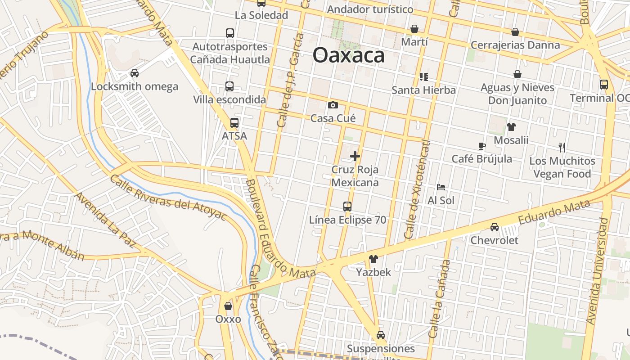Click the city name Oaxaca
(x=349, y=55)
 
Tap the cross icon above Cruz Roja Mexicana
(x=355, y=156)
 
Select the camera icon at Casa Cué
(x=333, y=105)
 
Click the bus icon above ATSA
(x=234, y=122)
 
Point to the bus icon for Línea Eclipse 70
(x=347, y=207)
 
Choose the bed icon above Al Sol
(x=441, y=187)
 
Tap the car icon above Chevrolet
(x=495, y=227)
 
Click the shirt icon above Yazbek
(x=373, y=259)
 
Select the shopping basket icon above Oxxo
(x=228, y=306)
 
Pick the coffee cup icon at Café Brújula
(x=481, y=146)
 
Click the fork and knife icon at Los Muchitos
(x=562, y=147)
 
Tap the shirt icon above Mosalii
(x=511, y=127)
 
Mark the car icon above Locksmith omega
(x=134, y=73)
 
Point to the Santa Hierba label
(x=423, y=90)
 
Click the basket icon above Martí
(x=414, y=29)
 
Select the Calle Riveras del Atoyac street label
(x=167, y=197)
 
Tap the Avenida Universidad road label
(x=598, y=271)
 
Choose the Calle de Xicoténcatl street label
(x=417, y=189)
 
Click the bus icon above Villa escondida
(x=229, y=86)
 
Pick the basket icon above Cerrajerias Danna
(x=515, y=32)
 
